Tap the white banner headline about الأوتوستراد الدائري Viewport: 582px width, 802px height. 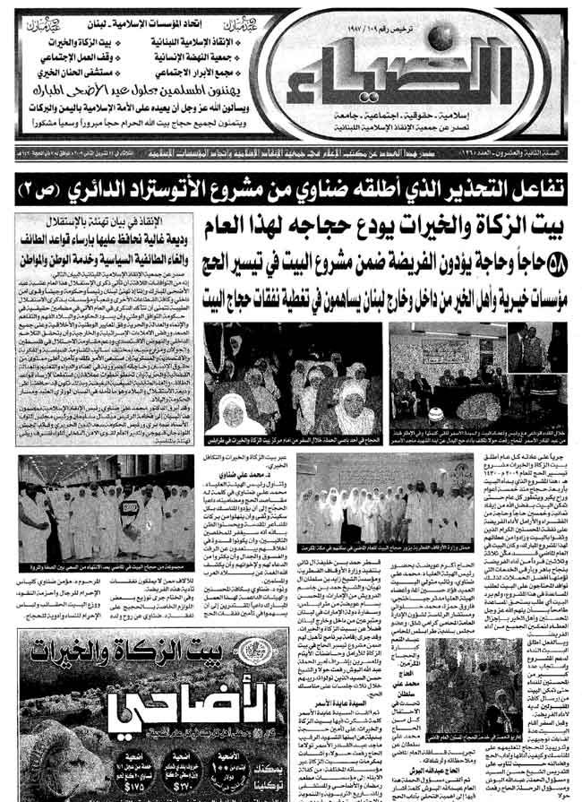click(x=291, y=189)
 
